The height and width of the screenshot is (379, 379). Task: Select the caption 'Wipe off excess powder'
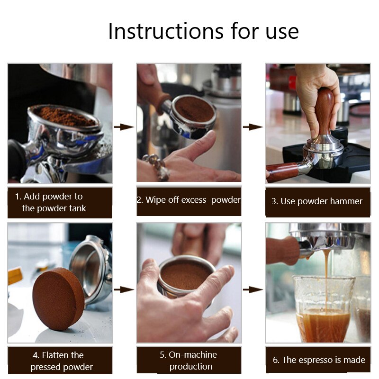click(x=189, y=200)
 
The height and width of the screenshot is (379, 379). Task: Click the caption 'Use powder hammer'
click(x=316, y=201)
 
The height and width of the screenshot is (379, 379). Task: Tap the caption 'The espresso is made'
click(x=319, y=360)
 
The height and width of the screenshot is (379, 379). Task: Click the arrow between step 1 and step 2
click(x=124, y=127)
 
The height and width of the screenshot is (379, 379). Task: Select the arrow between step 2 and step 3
click(x=253, y=127)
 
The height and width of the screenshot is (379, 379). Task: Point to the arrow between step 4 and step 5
click(x=124, y=289)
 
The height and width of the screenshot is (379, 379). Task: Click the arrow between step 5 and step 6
click(x=253, y=289)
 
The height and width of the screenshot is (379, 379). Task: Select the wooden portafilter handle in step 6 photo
click(x=282, y=250)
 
